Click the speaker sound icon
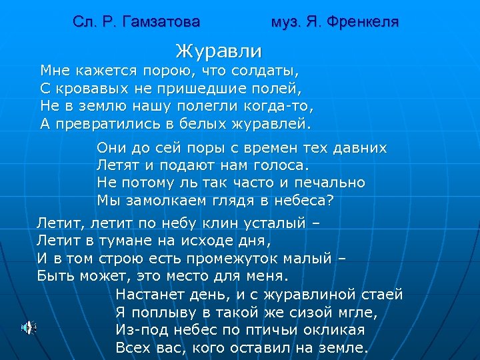28,327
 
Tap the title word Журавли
219,50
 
